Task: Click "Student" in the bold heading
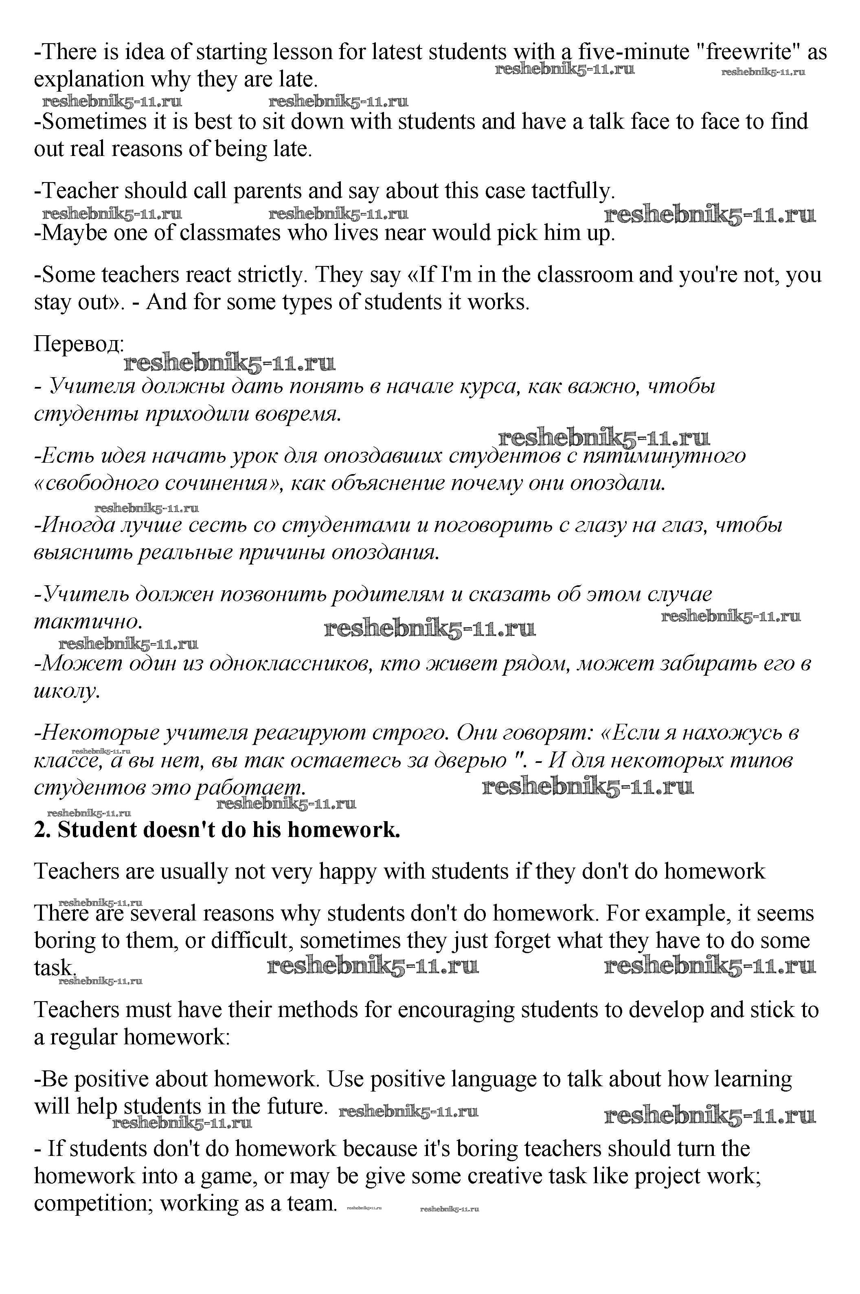(x=97, y=830)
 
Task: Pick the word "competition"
(x=93, y=1204)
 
